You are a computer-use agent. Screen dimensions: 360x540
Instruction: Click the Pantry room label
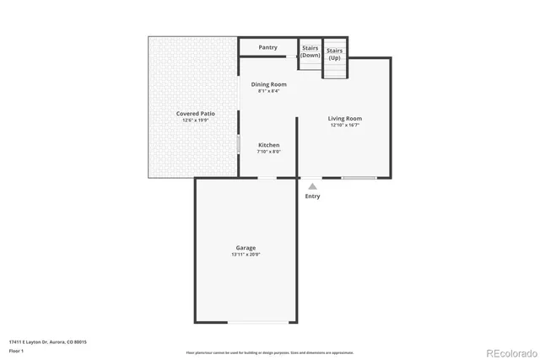coord(268,48)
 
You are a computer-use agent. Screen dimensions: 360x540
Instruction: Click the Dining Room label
coord(269,84)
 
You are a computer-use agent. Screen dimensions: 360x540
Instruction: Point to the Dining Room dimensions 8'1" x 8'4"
coord(269,92)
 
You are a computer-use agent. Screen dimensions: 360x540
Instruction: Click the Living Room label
coord(344,119)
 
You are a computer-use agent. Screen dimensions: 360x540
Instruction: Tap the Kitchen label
coord(268,145)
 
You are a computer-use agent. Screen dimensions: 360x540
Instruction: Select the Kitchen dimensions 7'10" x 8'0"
coord(268,153)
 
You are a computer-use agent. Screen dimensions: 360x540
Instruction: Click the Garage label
coord(246,248)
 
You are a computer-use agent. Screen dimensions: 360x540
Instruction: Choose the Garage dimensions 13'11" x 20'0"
coord(246,255)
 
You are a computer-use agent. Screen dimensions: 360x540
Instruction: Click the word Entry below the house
coord(312,196)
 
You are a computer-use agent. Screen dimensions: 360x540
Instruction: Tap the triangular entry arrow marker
coord(312,186)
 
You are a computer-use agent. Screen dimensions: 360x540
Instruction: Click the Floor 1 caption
coord(17,352)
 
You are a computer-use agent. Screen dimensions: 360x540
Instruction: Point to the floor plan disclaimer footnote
coord(269,352)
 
